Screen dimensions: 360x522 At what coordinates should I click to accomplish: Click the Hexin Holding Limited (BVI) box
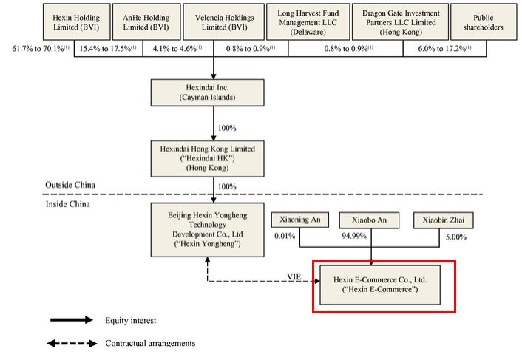click(76, 21)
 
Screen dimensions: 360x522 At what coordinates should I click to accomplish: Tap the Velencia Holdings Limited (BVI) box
click(214, 21)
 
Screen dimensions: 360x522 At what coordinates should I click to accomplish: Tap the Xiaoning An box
click(299, 220)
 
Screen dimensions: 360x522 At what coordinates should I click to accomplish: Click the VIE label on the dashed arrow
click(295, 277)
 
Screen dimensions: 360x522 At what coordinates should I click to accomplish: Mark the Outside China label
click(71, 185)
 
